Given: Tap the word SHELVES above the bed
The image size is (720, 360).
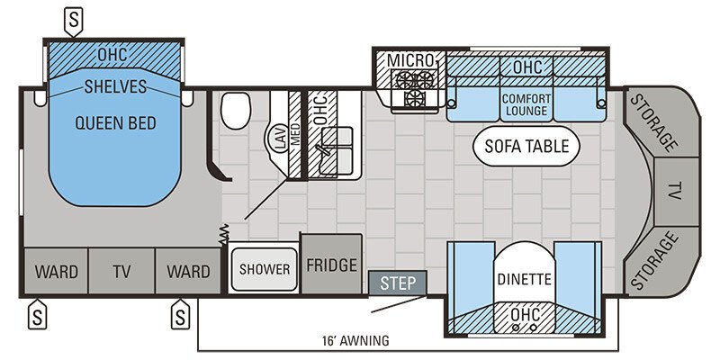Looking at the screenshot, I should pyautogui.click(x=116, y=86).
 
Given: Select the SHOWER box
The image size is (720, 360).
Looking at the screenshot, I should pyautogui.click(x=265, y=269).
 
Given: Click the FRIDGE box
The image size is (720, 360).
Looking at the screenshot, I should pyautogui.click(x=331, y=266).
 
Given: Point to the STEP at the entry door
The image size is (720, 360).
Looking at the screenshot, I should pyautogui.click(x=397, y=283).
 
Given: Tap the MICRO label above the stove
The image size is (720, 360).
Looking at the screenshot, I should pyautogui.click(x=411, y=60).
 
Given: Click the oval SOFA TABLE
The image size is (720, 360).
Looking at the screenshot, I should pyautogui.click(x=526, y=146).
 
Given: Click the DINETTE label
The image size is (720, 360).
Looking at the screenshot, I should pyautogui.click(x=524, y=279).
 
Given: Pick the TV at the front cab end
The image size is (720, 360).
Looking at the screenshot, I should pyautogui.click(x=674, y=192).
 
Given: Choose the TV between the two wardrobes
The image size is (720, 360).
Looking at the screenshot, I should pyautogui.click(x=121, y=271).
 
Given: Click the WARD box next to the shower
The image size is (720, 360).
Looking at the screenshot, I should pyautogui.click(x=188, y=271).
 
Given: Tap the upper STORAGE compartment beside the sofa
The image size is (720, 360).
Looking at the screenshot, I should pyautogui.click(x=654, y=121).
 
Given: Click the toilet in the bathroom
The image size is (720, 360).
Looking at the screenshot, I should pyautogui.click(x=237, y=112).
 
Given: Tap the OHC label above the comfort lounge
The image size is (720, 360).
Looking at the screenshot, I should pyautogui.click(x=526, y=67).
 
